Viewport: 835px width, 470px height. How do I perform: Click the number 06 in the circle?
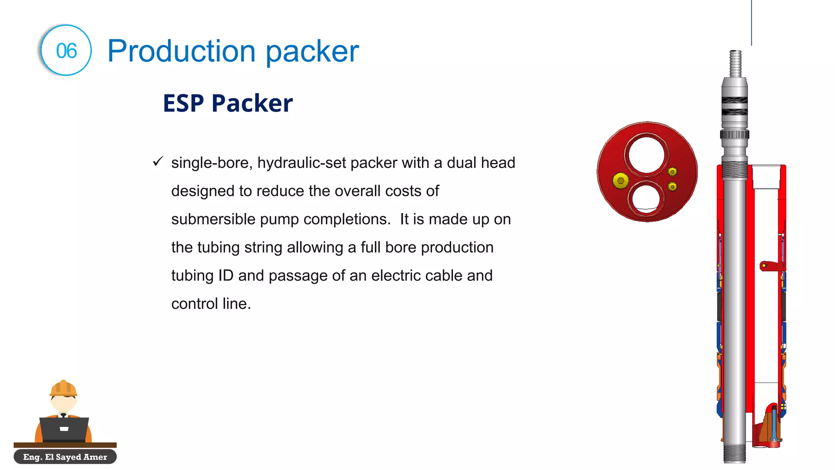click(66, 51)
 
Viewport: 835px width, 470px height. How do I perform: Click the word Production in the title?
click(181, 51)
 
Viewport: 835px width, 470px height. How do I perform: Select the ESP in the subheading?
click(183, 103)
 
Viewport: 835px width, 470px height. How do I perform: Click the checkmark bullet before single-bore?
click(158, 162)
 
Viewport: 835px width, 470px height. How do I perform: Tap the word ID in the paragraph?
click(226, 276)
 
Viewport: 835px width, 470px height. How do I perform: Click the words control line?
click(211, 304)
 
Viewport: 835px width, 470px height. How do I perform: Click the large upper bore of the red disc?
click(646, 155)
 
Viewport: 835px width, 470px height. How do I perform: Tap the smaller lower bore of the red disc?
click(646, 198)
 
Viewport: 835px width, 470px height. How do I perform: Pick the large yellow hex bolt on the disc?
click(621, 180)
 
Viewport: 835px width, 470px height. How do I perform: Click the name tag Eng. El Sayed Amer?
click(65, 457)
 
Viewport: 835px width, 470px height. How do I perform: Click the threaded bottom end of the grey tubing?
click(735, 453)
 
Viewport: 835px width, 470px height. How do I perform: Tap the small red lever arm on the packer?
click(771, 266)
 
